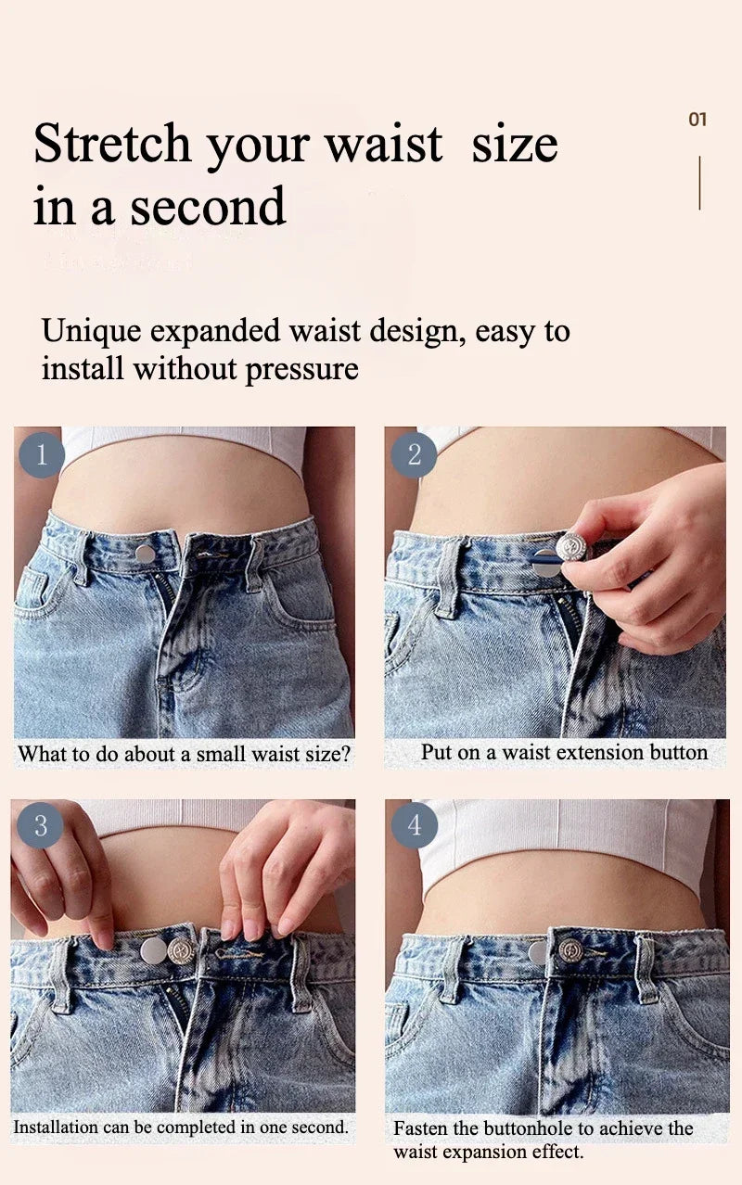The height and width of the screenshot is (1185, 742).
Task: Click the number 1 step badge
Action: (42, 455)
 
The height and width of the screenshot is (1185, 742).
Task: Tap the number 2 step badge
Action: (414, 455)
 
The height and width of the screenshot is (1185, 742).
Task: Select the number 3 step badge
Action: (40, 825)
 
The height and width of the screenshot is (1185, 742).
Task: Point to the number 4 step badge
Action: (415, 825)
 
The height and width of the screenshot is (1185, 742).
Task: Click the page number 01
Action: (697, 120)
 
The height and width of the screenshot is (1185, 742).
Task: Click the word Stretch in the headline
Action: (111, 144)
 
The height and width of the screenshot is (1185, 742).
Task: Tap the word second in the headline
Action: (208, 206)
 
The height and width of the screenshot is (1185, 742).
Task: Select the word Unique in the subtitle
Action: (92, 332)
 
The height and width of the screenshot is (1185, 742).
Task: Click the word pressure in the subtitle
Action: (301, 369)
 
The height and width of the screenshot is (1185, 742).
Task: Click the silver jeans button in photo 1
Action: (145, 554)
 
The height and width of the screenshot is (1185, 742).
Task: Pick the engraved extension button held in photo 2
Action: (570, 546)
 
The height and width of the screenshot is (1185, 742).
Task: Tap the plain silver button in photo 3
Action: (153, 950)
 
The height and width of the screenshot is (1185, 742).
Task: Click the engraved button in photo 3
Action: (181, 949)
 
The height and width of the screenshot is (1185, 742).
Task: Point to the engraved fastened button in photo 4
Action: (570, 949)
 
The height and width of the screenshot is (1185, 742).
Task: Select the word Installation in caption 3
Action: (56, 1127)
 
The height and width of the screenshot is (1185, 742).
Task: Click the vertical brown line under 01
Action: (699, 183)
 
